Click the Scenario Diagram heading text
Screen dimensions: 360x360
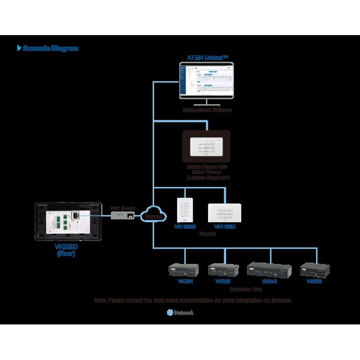pyautogui.click(x=50, y=48)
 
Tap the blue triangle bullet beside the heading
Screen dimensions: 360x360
pyautogui.click(x=18, y=48)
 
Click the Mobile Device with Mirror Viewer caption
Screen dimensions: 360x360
pyautogui.click(x=207, y=172)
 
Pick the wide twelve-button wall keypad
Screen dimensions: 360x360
pyautogui.click(x=225, y=212)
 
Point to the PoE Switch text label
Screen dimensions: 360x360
pyautogui.click(x=122, y=207)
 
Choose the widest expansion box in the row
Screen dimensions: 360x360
pyautogui.click(x=269, y=270)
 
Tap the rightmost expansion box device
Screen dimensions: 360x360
pyautogui.click(x=315, y=269)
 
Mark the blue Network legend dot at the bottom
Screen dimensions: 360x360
pyautogui.click(x=170, y=312)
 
